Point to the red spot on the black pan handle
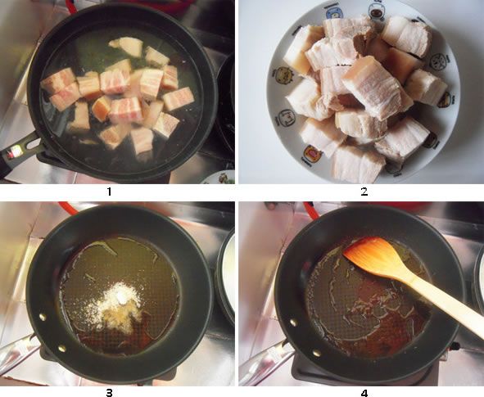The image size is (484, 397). click(14, 151)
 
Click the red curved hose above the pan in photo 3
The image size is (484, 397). click(69, 208)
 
